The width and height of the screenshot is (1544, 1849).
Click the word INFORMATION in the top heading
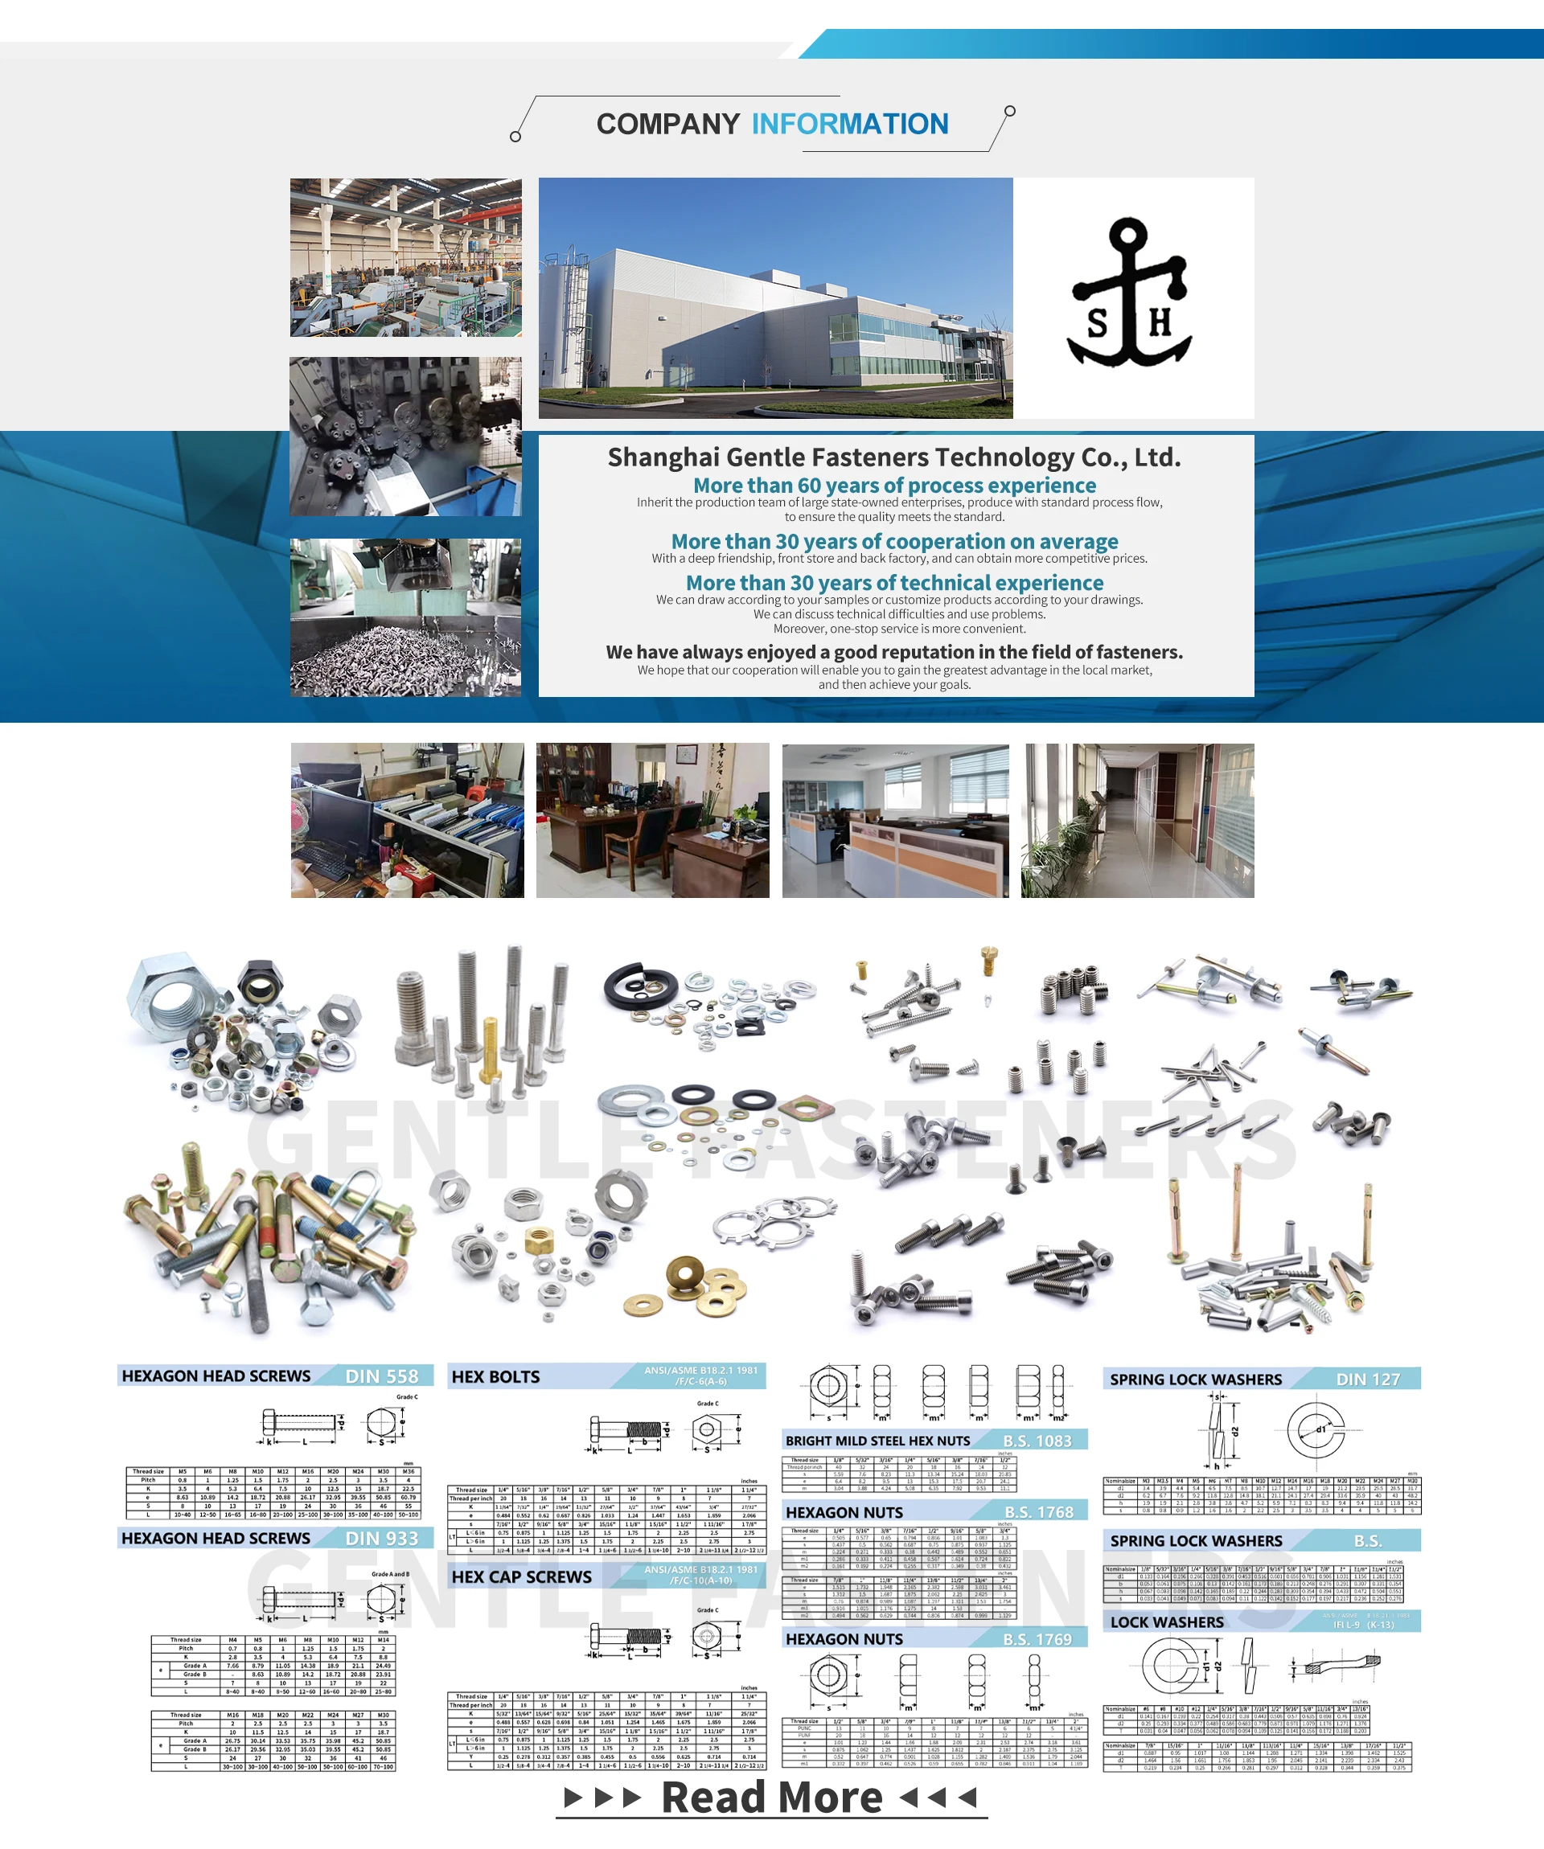click(x=849, y=124)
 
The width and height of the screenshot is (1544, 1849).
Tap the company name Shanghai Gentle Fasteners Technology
click(x=894, y=457)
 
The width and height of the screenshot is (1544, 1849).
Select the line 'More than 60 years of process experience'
click(x=894, y=485)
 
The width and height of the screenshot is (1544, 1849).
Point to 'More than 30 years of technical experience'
click(x=894, y=583)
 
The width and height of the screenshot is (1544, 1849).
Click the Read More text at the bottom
click(x=771, y=1798)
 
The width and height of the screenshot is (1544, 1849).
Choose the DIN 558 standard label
click(x=381, y=1376)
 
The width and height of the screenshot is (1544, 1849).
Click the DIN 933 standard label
click(x=381, y=1538)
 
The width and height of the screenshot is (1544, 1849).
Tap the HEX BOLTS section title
click(x=496, y=1377)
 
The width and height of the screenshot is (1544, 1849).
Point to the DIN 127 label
click(x=1367, y=1380)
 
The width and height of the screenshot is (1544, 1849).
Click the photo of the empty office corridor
click(x=1137, y=821)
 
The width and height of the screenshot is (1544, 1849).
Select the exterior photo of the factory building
click(x=775, y=297)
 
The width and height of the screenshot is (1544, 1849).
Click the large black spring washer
click(x=634, y=986)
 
